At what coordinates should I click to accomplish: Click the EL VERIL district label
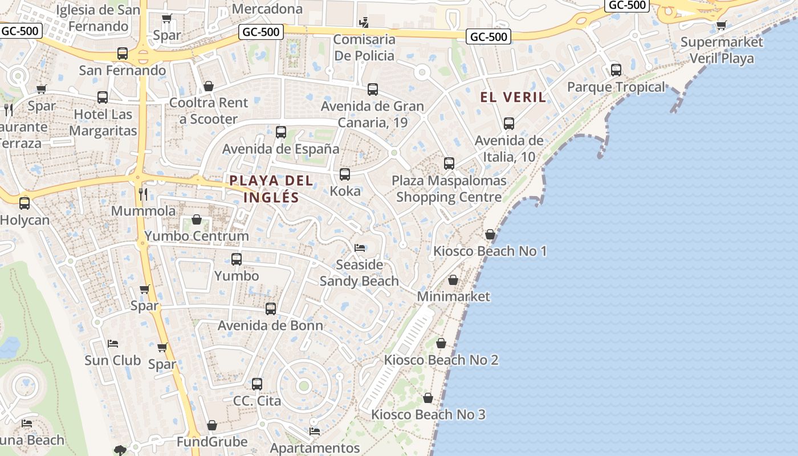[x=513, y=97]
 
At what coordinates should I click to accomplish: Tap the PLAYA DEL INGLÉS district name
[x=271, y=189]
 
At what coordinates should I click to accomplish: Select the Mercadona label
[x=267, y=9]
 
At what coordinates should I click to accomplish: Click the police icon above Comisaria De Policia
[x=364, y=23]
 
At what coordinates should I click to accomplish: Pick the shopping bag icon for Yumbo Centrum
[x=197, y=219]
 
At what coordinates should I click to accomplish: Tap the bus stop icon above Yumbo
[x=237, y=259]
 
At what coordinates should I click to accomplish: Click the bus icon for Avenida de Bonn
[x=271, y=309]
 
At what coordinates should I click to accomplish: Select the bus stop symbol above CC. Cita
[x=257, y=384]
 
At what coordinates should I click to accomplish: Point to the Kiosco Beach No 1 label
[x=490, y=251]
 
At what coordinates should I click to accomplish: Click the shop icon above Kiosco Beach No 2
[x=441, y=343]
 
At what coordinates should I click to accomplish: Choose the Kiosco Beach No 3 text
[x=428, y=414]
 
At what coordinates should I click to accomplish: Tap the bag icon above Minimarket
[x=453, y=280]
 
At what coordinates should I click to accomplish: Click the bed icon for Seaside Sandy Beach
[x=359, y=248]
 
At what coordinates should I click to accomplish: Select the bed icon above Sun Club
[x=113, y=344]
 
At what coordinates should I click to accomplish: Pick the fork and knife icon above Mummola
[x=143, y=194]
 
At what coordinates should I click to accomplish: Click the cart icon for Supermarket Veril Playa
[x=721, y=25]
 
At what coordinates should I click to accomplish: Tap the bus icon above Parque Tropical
[x=616, y=70]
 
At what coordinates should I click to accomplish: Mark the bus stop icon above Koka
[x=345, y=174]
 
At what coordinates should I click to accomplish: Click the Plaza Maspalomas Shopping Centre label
[x=449, y=189]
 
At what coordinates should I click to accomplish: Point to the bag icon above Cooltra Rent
[x=209, y=86]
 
